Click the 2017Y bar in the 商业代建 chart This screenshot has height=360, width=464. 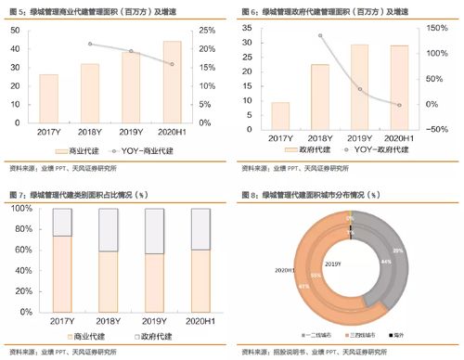point(49,103)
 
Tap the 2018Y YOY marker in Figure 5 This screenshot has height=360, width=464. point(90,45)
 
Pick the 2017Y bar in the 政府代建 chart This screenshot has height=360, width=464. point(279,116)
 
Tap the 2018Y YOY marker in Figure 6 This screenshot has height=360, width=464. point(320,36)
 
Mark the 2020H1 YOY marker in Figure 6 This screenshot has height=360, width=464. point(400,105)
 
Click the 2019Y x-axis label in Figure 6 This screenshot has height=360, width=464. point(360,138)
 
